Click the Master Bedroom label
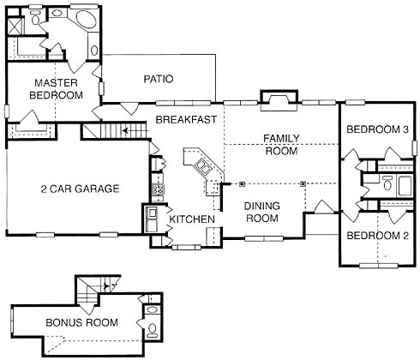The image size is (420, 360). [56, 89]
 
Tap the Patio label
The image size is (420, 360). [159, 79]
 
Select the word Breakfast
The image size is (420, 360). [186, 119]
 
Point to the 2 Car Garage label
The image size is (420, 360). [80, 189]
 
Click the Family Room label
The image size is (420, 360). [281, 145]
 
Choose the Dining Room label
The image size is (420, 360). [262, 212]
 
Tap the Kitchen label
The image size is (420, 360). [192, 219]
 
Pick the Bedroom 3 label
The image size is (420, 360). [377, 129]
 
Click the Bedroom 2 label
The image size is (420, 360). [377, 236]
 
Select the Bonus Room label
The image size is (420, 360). [81, 322]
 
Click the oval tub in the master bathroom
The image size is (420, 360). [87, 20]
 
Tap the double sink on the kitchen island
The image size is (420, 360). [203, 166]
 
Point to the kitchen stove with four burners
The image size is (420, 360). [158, 189]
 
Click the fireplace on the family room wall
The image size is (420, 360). [279, 100]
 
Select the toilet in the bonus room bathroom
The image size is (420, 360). [152, 330]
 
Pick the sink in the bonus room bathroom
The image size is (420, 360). [152, 309]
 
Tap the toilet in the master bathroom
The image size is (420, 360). [35, 17]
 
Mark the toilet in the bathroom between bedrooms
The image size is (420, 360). [387, 183]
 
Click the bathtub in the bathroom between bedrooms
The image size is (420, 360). [405, 186]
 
